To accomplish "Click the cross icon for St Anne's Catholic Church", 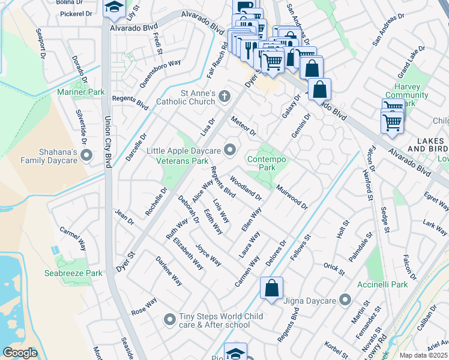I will pos(224,96).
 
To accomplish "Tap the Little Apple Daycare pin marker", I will pos(230,149).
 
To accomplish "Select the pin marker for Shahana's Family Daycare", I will pos(86,155).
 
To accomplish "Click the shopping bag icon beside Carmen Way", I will pos(271,288).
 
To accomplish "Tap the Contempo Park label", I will pos(267,164).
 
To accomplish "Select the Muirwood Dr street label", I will pos(292,197).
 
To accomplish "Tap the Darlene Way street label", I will pos(169,271).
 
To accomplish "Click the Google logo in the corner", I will pos(20,353).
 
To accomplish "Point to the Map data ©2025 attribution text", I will pos(423,355).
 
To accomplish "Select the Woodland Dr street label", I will pos(246,188).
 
